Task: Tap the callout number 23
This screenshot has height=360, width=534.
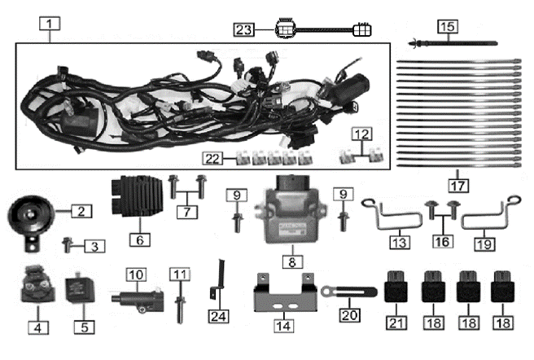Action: tap(243, 30)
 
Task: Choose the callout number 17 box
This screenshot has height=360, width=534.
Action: tap(455, 173)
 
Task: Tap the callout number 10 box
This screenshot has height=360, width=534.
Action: tap(135, 274)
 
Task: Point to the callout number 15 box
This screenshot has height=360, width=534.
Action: tap(445, 27)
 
